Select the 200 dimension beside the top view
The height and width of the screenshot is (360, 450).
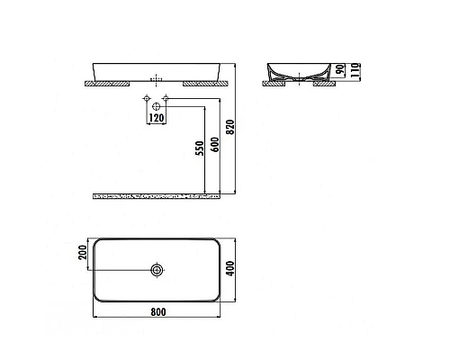pos(83,254)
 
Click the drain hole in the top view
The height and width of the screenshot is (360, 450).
pos(157,270)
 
